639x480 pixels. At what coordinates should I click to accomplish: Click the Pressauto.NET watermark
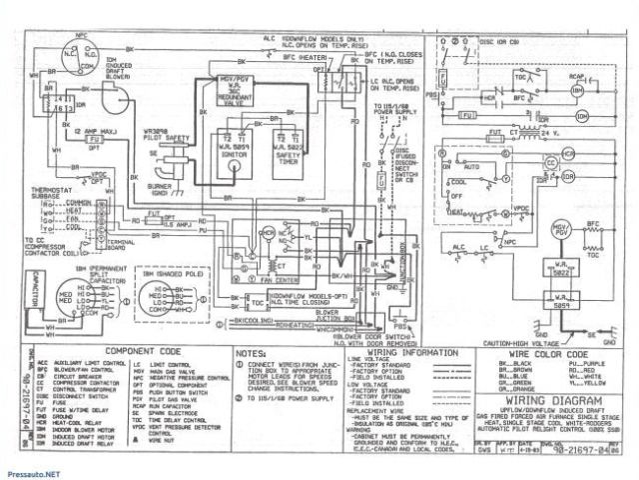[31, 466]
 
